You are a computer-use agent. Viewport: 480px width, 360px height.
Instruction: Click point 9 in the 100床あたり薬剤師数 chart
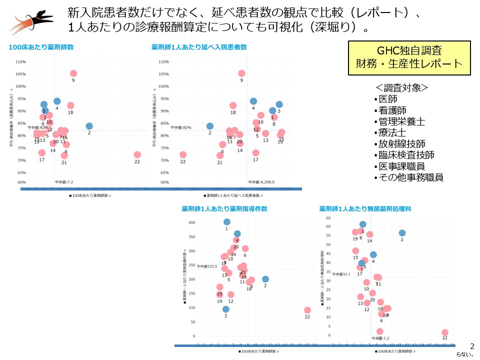tap(73, 73)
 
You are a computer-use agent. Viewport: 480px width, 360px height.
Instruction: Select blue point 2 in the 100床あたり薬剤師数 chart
tap(89, 126)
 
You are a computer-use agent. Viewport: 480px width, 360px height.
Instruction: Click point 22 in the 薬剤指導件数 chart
tap(307, 310)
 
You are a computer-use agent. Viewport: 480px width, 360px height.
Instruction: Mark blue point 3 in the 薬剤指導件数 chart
tap(226, 309)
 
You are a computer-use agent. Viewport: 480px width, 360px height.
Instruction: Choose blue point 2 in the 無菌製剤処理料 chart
tap(402, 233)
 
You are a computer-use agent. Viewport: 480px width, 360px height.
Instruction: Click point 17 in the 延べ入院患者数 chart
tap(255, 153)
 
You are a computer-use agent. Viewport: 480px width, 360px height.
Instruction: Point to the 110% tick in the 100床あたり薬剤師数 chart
tap(20, 62)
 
